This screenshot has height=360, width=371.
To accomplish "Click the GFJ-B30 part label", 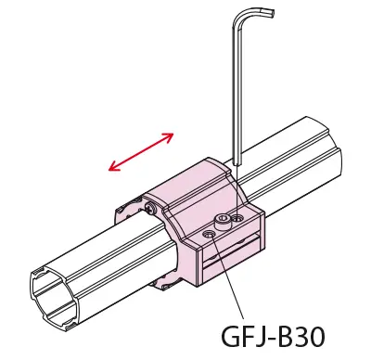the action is point(274,336).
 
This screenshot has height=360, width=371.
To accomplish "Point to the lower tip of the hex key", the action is point(238,164).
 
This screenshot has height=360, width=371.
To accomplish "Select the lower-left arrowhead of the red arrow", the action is point(113,167).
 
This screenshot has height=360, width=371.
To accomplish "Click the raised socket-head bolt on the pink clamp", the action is point(221,222).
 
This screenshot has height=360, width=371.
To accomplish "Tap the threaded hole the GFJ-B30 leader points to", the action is point(209,236).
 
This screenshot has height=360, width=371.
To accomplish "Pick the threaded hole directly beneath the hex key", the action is point(237,218).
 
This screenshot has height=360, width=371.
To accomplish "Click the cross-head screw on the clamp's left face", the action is point(150,207).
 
